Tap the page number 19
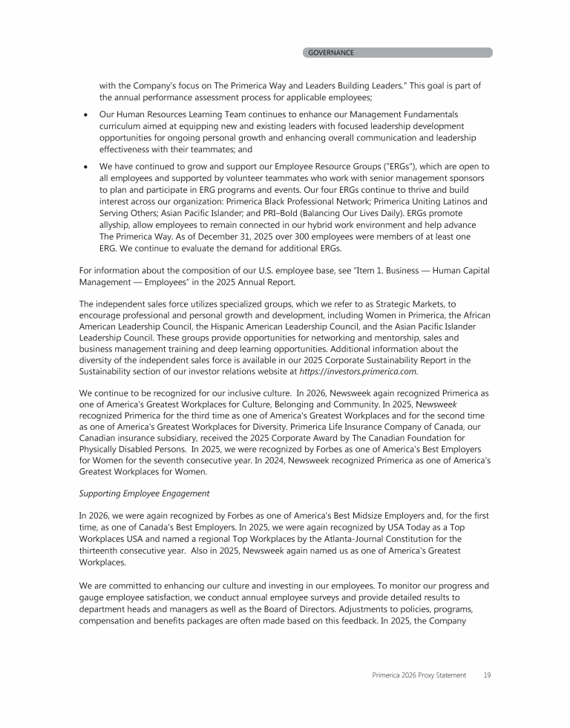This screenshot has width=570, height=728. click(485, 675)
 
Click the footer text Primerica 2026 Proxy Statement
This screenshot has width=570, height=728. click(419, 675)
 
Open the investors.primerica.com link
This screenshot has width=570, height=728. click(358, 370)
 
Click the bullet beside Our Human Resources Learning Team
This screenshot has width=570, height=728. click(88, 115)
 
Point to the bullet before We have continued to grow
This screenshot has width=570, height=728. click(88, 166)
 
